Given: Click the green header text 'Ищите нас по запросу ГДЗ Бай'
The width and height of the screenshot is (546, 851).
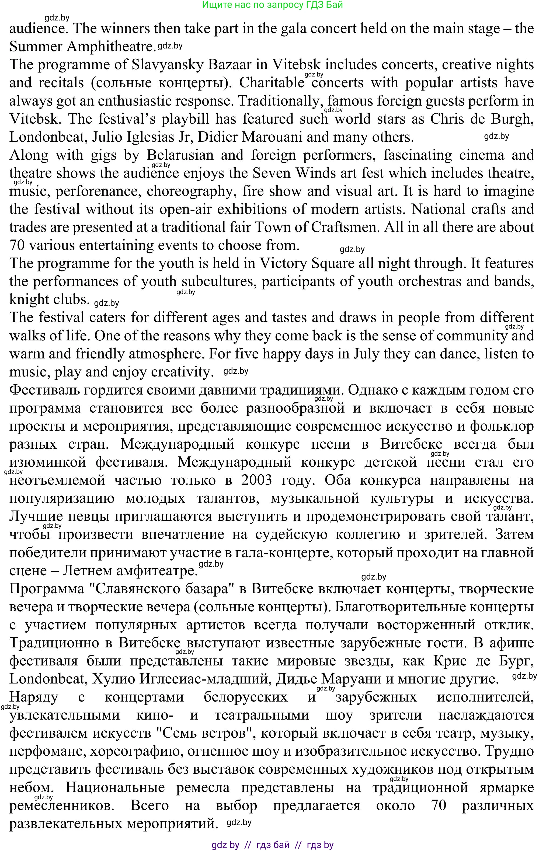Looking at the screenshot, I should (272, 5).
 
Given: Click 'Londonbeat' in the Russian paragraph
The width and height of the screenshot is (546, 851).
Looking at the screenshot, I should (48, 679).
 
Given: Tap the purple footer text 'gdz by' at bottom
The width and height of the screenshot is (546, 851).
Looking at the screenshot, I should (225, 845).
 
